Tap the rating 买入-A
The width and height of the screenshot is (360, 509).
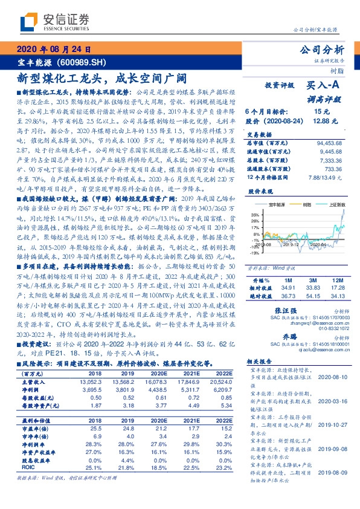pyautogui.click(x=321, y=86)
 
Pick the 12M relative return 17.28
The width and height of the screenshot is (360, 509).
pyautogui.click(x=337, y=288)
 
